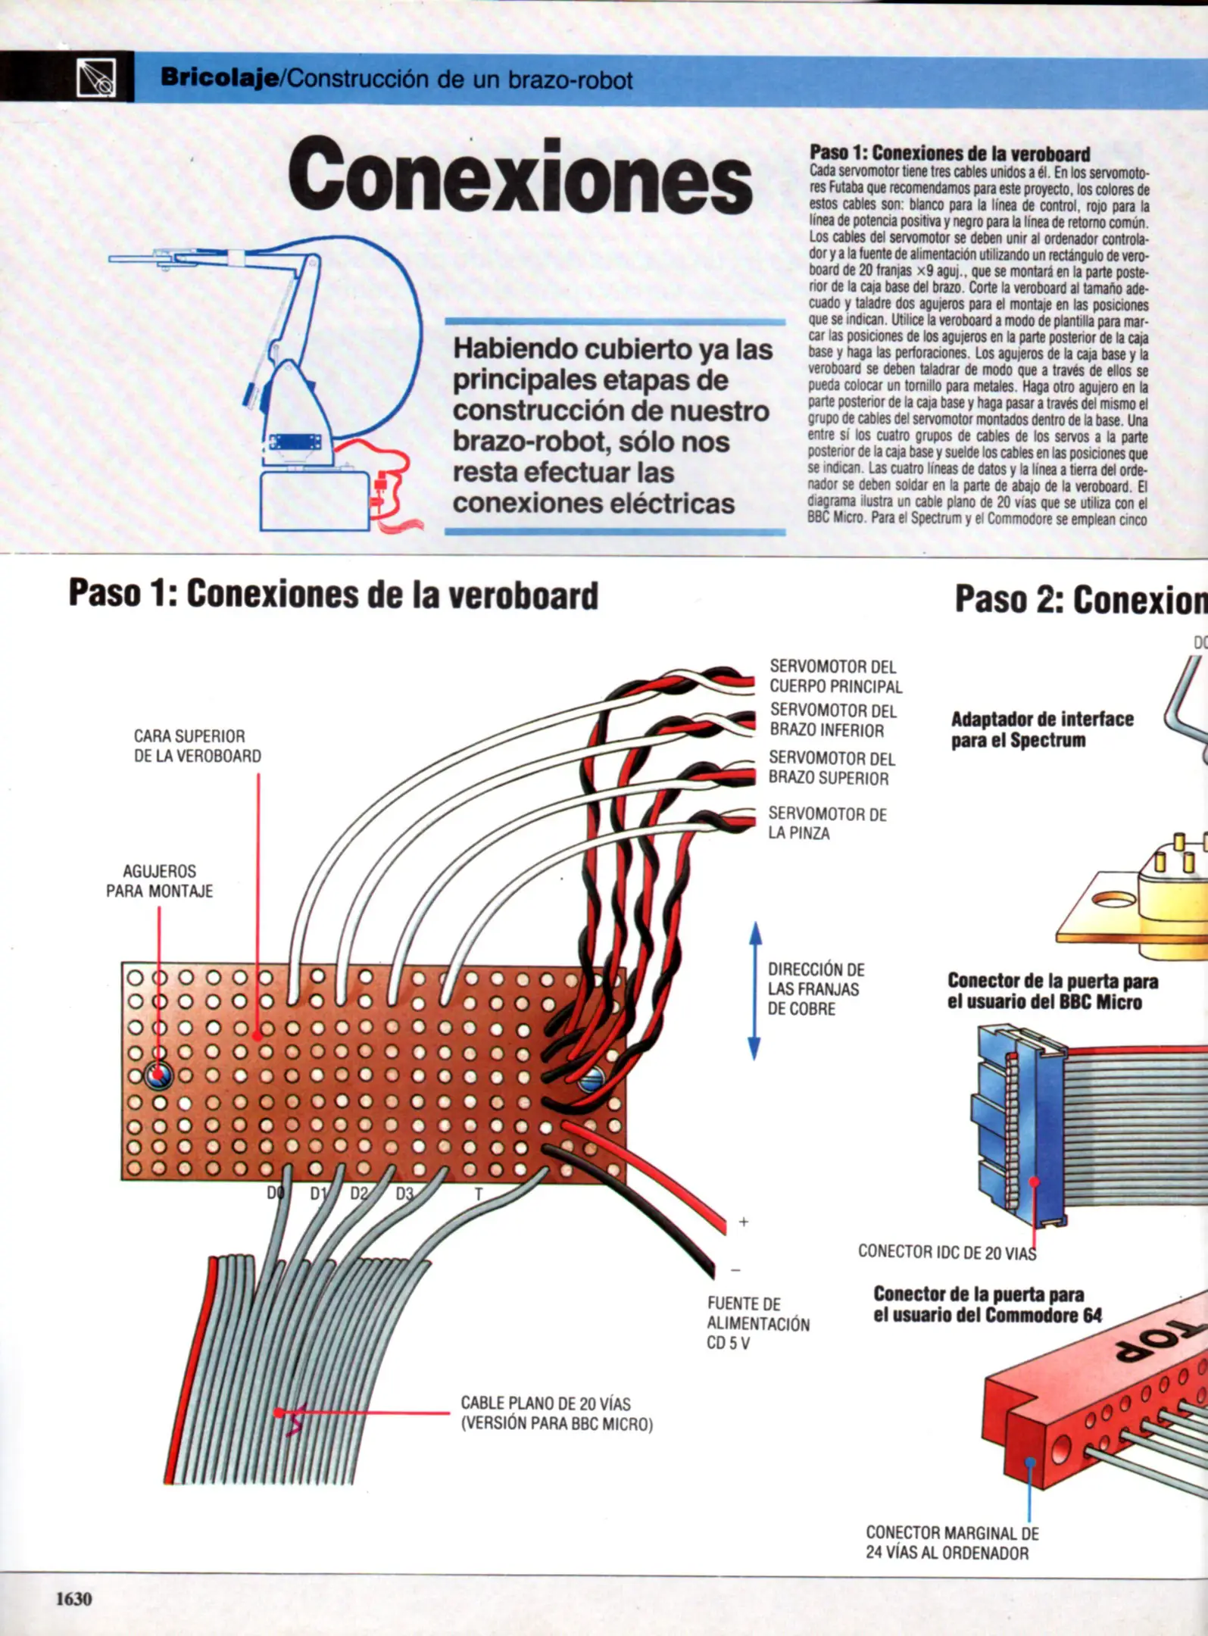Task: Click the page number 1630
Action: coord(73,1599)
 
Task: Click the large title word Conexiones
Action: coord(520,176)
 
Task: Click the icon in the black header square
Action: coord(97,77)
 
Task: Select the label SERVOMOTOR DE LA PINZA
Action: coord(826,823)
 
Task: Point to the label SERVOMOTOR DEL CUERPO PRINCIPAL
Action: coord(835,676)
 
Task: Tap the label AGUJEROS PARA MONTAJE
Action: coord(159,881)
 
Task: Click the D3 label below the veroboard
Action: coord(404,1194)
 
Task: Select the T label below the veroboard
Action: coord(478,1194)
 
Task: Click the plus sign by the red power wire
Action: coord(744,1222)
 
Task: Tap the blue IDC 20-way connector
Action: coord(1019,1125)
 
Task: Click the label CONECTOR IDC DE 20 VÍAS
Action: coord(947,1253)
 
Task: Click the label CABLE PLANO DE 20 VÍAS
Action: coord(556,1413)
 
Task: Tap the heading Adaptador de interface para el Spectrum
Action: coord(1042,729)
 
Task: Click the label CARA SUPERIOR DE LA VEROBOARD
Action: coord(197,746)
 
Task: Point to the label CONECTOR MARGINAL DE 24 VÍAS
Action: coord(952,1543)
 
